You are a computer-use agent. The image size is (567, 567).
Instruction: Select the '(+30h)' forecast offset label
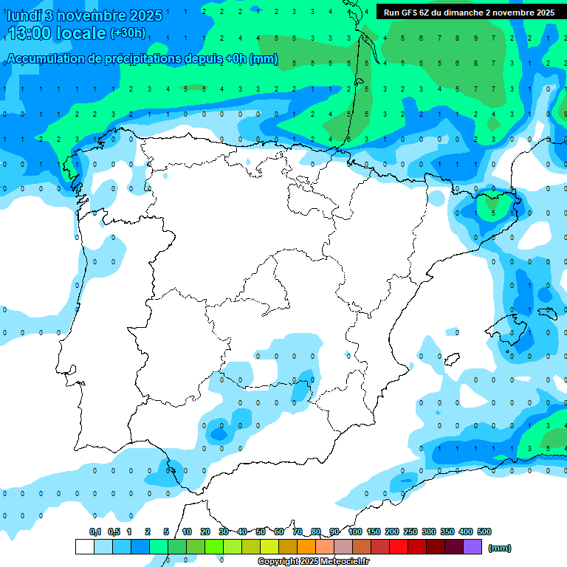coord(128,32)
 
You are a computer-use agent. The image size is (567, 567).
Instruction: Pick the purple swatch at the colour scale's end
coord(472,547)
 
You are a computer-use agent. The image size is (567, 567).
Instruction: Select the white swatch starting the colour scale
coord(84,547)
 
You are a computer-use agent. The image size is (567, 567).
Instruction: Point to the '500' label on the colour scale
coord(484,532)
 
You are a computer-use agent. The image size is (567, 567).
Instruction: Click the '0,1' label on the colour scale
coord(95,532)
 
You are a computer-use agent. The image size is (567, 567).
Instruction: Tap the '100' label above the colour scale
coord(354,532)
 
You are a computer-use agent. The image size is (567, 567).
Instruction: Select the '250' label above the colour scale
coord(410,532)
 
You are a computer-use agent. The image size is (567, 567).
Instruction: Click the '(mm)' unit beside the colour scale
coord(500,548)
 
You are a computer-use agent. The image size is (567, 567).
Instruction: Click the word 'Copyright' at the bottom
coord(277,562)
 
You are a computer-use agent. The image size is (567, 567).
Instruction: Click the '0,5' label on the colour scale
coord(114,532)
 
